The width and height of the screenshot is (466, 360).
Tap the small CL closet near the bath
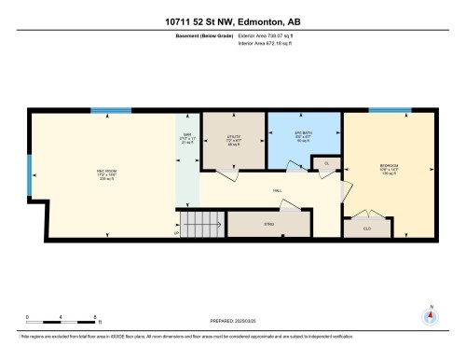click(x=325, y=164)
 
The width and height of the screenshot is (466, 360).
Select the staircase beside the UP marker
click(x=202, y=224)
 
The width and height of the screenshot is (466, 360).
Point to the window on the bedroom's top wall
click(x=390, y=111)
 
